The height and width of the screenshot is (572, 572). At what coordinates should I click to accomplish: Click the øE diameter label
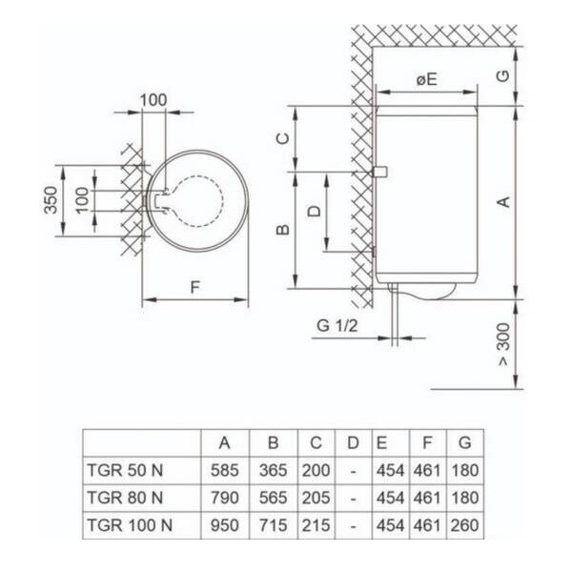(x=426, y=79)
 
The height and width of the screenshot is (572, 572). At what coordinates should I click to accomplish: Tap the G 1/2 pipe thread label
(x=337, y=326)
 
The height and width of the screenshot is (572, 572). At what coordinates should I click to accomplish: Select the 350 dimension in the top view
(x=51, y=200)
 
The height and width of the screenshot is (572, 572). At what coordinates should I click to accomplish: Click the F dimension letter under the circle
(x=195, y=288)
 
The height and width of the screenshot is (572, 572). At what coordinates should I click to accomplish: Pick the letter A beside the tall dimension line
(x=503, y=201)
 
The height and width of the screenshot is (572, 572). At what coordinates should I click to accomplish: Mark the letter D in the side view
(x=314, y=212)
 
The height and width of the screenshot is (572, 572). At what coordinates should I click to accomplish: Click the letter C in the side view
(x=283, y=138)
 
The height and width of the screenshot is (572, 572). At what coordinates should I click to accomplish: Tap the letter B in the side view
(x=283, y=230)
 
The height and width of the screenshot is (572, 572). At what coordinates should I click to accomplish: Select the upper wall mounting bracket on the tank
(x=379, y=172)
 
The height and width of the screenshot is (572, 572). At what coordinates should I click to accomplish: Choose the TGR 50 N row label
(x=125, y=470)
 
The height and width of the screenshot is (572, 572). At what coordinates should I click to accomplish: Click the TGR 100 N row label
(x=130, y=525)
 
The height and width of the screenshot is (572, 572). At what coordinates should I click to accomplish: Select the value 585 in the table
(x=225, y=470)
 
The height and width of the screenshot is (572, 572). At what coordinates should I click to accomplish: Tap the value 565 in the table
(x=274, y=498)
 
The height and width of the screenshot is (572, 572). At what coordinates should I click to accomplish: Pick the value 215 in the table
(x=316, y=525)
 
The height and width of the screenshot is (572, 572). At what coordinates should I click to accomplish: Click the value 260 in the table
(x=465, y=525)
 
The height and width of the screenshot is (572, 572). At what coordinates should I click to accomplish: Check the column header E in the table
(x=381, y=443)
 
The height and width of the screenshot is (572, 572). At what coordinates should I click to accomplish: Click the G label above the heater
(x=503, y=75)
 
